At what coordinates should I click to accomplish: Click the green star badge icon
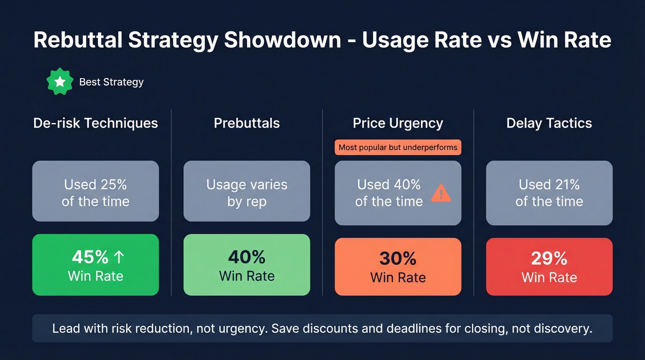(60, 82)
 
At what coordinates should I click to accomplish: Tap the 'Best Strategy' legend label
(111, 82)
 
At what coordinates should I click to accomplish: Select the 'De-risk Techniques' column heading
(95, 123)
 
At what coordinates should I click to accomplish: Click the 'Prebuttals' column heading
(246, 123)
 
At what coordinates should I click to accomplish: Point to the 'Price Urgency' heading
(398, 123)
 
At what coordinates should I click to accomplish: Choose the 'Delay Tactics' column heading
(549, 123)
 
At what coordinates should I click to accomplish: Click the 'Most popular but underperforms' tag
(398, 148)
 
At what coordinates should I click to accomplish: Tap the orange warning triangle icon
(441, 194)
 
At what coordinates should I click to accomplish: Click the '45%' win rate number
(89, 257)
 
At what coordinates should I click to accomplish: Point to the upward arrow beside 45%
(118, 257)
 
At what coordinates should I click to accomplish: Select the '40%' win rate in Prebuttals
(246, 257)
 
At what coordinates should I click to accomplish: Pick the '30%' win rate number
(398, 259)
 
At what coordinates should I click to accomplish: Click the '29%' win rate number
(549, 259)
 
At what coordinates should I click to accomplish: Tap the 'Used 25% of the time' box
(95, 191)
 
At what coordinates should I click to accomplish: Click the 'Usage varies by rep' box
(246, 191)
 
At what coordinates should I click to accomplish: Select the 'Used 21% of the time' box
(549, 193)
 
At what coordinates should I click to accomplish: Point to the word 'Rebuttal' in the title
(77, 41)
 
